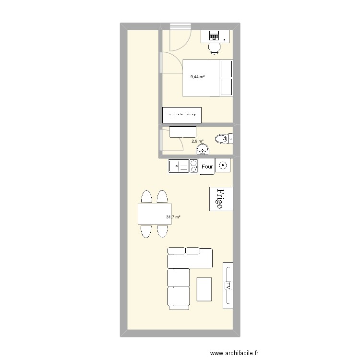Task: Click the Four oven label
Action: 207,167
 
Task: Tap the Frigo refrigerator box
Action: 221,199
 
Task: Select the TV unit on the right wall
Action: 228,286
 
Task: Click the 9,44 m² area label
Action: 197,77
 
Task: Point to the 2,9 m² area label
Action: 197,141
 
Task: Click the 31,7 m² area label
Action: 173,217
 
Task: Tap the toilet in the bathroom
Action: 222,139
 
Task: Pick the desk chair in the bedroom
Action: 214,47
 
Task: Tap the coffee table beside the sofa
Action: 204,289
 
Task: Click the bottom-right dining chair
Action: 162,231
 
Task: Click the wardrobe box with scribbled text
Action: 182,115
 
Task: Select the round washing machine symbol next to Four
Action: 223,166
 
